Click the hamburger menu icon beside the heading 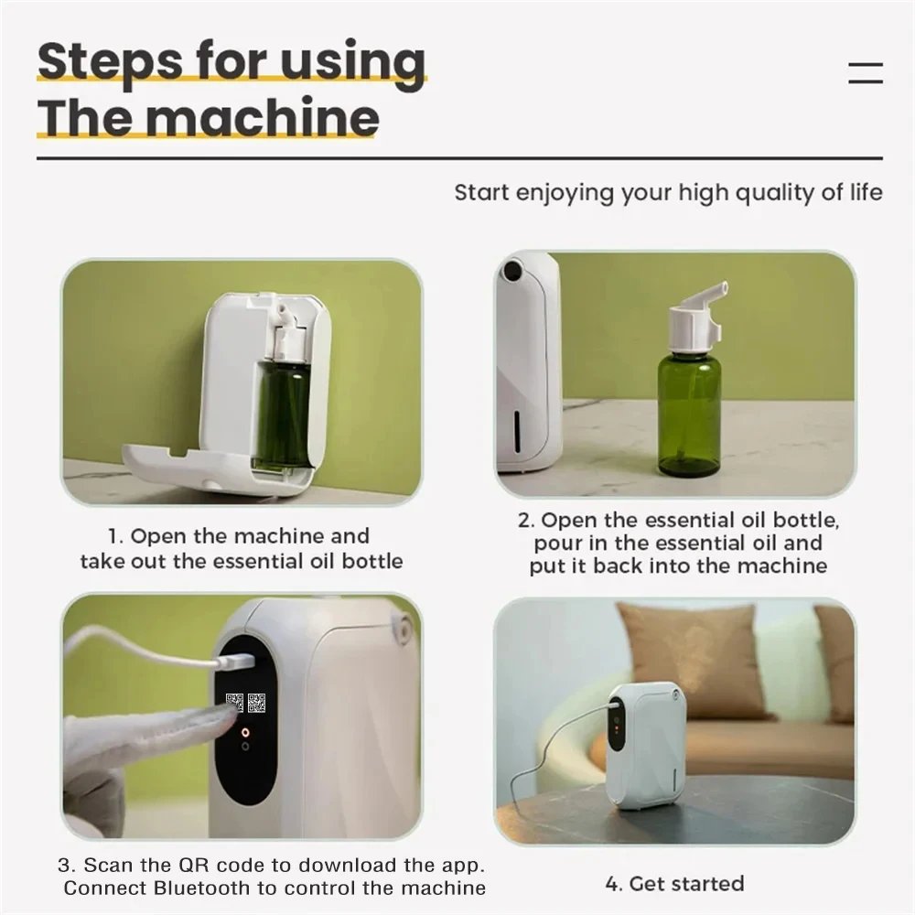tap(865, 73)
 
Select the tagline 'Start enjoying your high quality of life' tap(668, 193)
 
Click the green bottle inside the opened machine tap(282, 412)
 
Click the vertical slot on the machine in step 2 tap(518, 429)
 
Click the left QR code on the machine tap(235, 704)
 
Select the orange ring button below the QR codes tap(245, 732)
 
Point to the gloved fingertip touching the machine tap(220, 719)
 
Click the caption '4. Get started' tap(674, 884)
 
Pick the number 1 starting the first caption tap(113, 536)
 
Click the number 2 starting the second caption tap(525, 521)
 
